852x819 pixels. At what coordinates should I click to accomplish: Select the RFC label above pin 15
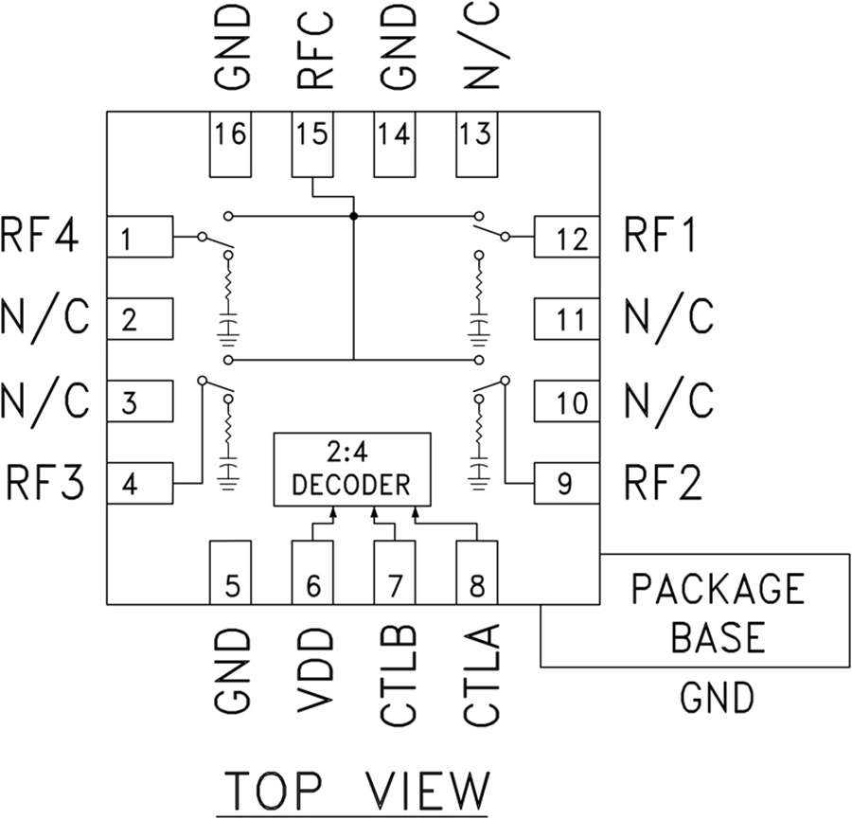pos(314,47)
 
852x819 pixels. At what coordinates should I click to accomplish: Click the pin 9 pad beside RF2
pos(566,485)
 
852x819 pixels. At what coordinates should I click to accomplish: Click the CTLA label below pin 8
pos(478,675)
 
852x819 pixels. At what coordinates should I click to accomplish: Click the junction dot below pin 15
pos(353,217)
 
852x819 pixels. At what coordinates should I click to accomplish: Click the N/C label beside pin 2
pos(44,319)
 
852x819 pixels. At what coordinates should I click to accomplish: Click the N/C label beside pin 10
pos(669,401)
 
